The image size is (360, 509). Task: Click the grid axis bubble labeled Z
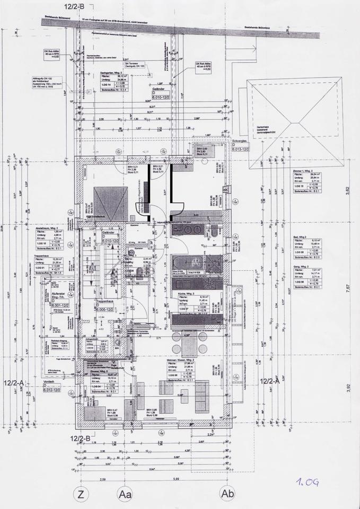[81, 495]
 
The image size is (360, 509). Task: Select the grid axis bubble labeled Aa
[126, 495]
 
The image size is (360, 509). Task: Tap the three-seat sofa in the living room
[202, 396]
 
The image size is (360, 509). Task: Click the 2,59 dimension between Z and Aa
[103, 479]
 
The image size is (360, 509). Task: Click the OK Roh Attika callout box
[199, 67]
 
